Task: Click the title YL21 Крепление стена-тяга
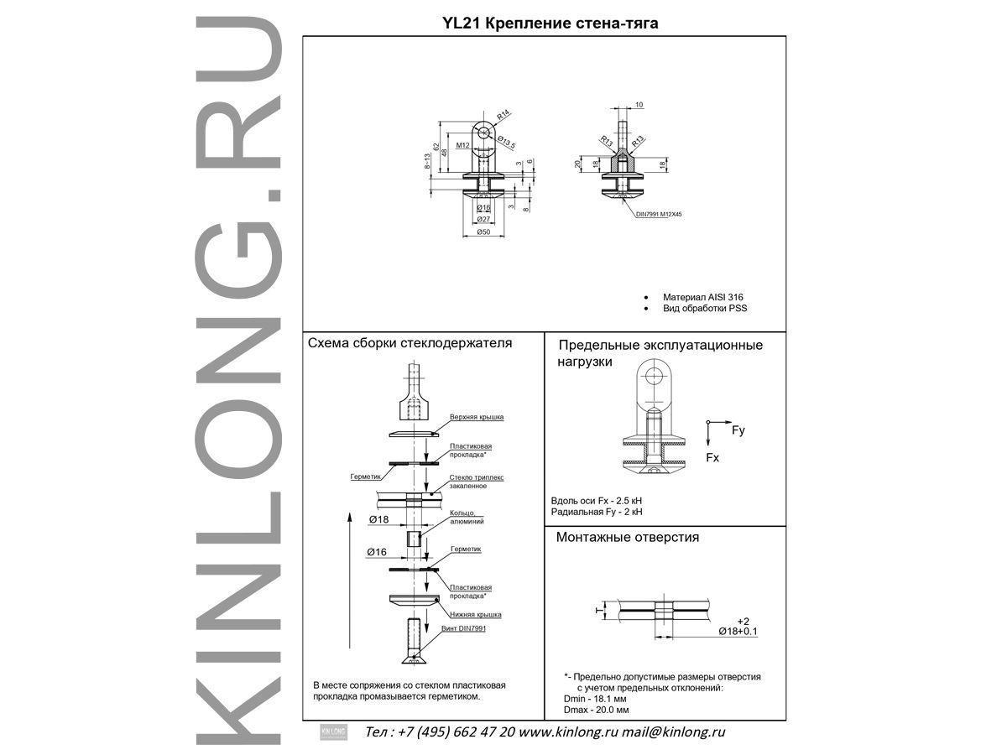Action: click(550, 24)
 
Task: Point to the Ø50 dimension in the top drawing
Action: click(483, 232)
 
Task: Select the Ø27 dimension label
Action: click(483, 219)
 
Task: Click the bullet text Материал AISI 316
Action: click(702, 297)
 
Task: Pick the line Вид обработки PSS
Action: click(704, 309)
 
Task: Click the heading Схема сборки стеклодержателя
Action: click(410, 343)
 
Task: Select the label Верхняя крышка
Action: click(476, 417)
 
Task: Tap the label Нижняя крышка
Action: click(475, 615)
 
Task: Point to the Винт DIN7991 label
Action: click(463, 628)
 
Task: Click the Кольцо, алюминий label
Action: click(467, 517)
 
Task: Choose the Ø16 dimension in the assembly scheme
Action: click(377, 552)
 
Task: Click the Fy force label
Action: click(738, 430)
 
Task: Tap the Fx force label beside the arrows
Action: click(712, 458)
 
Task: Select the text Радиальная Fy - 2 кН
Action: click(597, 512)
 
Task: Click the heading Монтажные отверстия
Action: click(628, 538)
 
